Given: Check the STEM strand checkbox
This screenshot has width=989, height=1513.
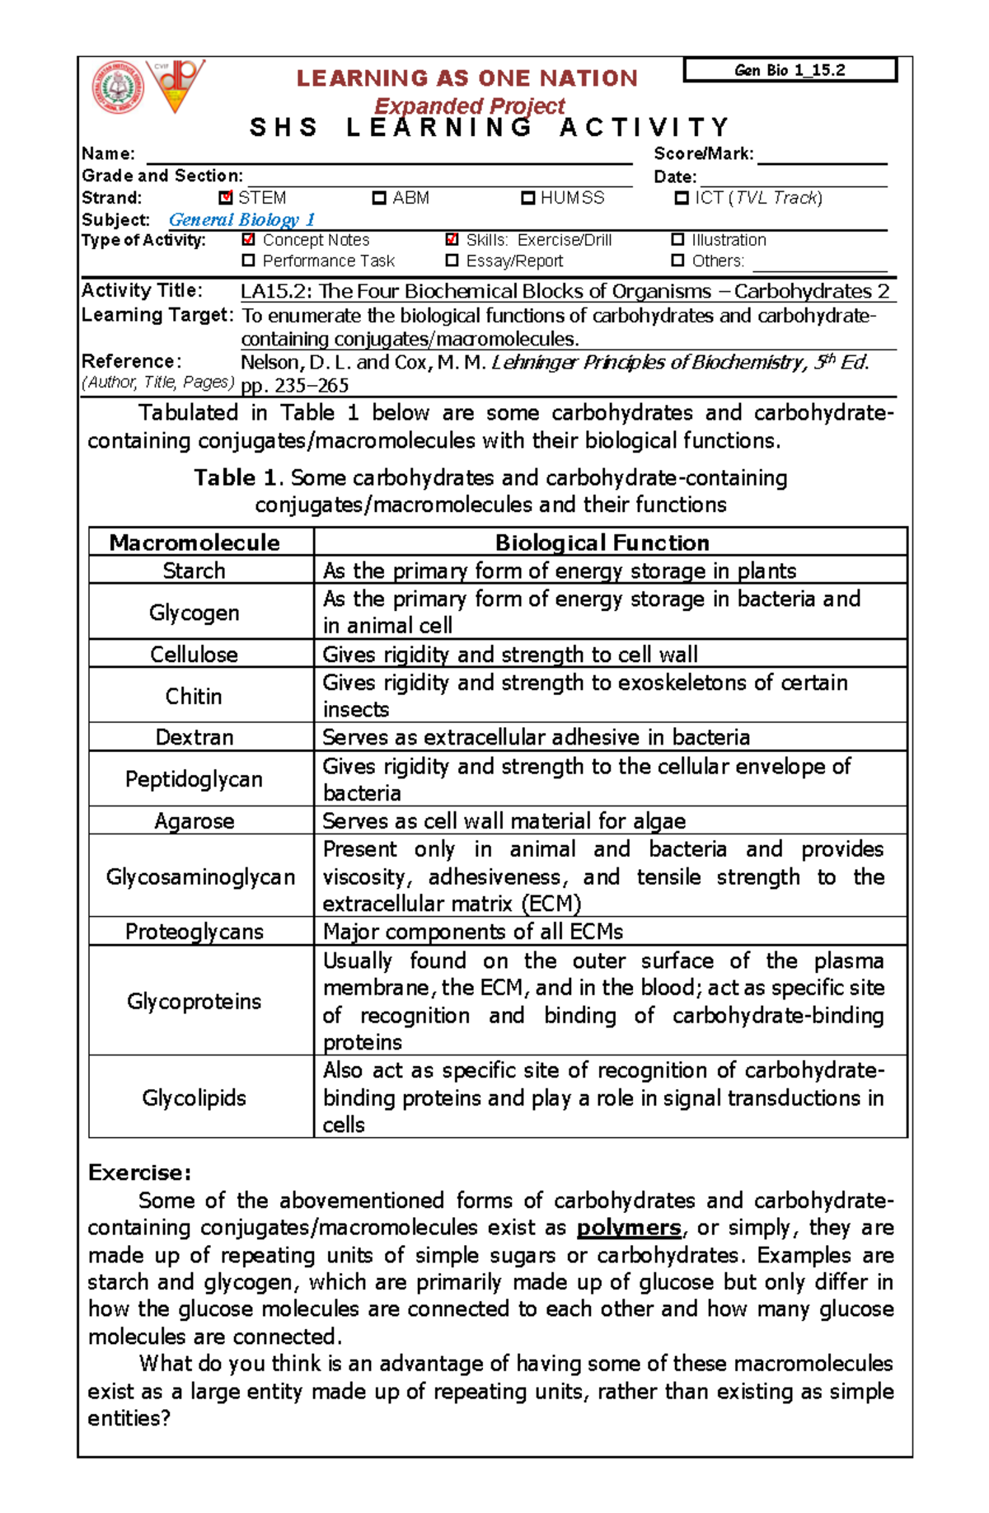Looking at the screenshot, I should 226,198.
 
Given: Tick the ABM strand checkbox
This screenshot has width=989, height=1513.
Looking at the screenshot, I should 379,198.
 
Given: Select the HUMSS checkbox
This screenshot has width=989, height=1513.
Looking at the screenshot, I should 528,198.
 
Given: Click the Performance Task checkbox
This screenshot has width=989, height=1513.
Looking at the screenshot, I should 248,261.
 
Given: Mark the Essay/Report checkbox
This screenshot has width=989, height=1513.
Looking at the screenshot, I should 452,261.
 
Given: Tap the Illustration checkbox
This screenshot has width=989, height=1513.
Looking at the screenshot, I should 677,240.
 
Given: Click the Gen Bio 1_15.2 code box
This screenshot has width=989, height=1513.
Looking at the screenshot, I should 790,70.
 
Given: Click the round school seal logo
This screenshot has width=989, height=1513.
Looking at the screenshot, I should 119,87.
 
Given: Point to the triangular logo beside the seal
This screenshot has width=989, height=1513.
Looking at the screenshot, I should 176,85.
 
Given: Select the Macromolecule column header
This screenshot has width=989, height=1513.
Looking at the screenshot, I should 195,543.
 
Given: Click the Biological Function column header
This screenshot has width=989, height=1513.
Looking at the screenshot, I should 602,543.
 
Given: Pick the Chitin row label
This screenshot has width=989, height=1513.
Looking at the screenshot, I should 194,696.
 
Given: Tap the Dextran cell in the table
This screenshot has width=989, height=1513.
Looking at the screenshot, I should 195,737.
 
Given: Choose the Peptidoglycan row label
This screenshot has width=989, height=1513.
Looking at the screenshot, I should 194,779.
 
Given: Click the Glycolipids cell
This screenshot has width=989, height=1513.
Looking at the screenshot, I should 194,1097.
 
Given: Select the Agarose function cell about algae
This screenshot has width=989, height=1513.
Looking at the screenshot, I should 504,821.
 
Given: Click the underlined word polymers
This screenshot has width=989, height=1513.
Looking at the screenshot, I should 629,1228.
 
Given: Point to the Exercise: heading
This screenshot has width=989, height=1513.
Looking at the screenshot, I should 140,1172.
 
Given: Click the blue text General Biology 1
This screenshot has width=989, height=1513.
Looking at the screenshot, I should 241,219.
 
